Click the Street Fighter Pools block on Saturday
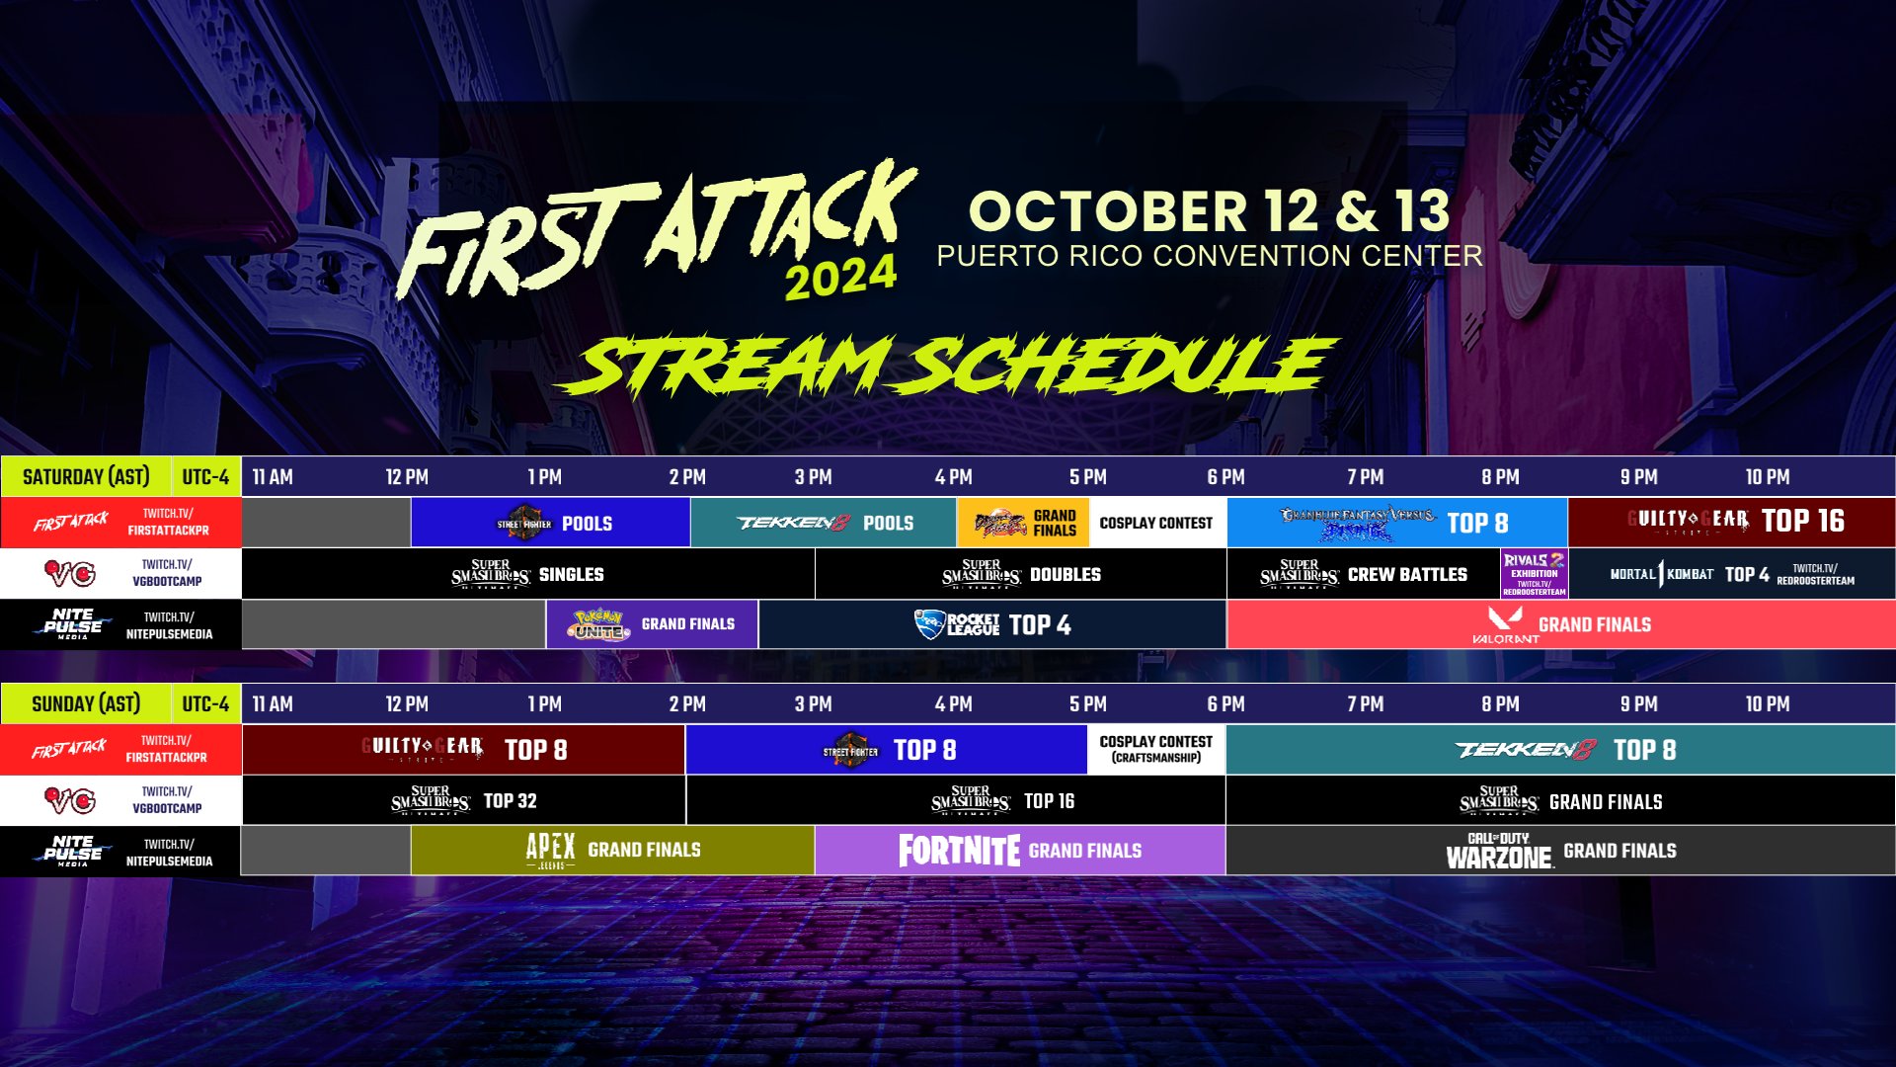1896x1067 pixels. [550, 523]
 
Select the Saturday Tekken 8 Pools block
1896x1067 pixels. [824, 523]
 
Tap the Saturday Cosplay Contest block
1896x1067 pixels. [1156, 523]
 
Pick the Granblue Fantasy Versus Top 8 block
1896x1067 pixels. [1396, 523]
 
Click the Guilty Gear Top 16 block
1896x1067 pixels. [1731, 522]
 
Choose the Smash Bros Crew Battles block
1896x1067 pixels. [1363, 574]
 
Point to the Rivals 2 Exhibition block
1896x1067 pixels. [1534, 574]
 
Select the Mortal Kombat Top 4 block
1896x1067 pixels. [1731, 574]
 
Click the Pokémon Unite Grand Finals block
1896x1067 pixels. [652, 624]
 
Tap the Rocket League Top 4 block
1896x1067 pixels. [992, 624]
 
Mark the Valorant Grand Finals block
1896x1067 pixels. [1560, 624]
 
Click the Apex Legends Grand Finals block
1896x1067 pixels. [612, 850]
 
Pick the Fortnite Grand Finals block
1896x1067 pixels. [1020, 850]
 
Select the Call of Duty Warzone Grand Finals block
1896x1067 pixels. [1560, 850]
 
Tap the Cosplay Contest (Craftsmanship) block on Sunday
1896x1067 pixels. [1156, 749]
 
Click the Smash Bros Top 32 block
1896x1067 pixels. [463, 800]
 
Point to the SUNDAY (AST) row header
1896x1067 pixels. [86, 703]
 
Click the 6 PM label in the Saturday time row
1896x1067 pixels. [1225, 477]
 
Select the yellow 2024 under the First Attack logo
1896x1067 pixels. [840, 278]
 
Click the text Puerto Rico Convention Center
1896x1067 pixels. [1209, 256]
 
